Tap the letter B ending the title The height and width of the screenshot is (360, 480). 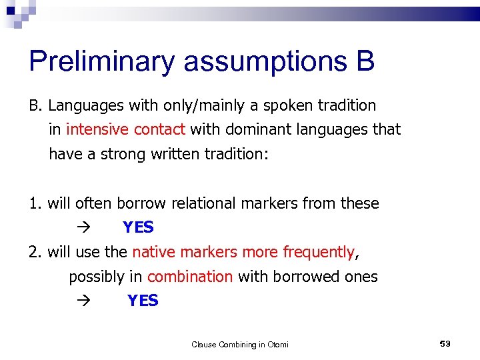click(365, 62)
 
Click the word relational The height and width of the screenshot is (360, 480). click(200, 203)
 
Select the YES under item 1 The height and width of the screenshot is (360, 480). click(138, 228)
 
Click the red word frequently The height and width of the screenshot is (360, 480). click(319, 252)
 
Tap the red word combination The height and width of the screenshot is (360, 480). click(190, 277)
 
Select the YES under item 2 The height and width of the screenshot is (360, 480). click(143, 301)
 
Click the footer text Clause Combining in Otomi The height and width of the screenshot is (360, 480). click(240, 345)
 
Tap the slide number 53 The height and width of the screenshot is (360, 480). click(445, 343)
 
